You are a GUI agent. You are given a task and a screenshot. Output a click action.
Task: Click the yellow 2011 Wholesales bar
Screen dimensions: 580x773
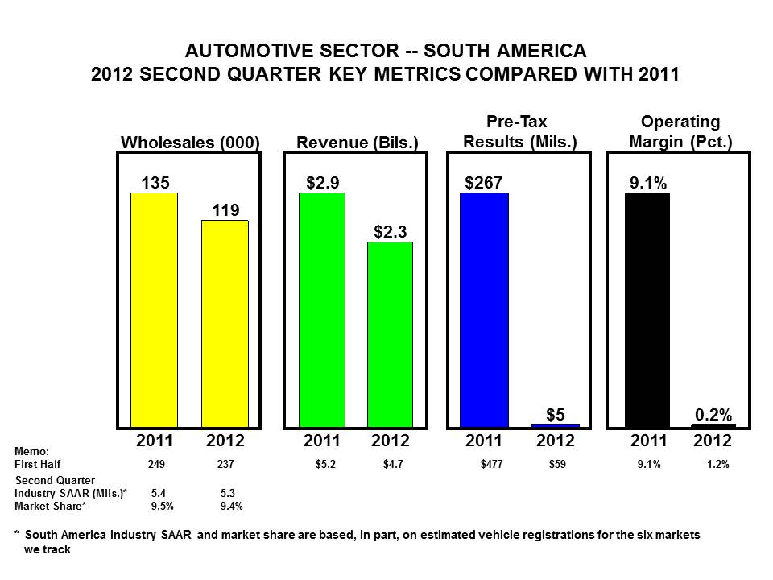[155, 309]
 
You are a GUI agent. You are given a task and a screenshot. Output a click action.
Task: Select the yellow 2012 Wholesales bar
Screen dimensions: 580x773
[225, 323]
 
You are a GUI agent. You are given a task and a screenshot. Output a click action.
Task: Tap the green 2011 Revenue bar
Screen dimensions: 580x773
[321, 309]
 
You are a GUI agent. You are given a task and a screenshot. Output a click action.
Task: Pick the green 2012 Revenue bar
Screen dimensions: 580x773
[390, 333]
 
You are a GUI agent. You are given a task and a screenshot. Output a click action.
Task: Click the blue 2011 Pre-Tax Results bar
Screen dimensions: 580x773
[484, 309]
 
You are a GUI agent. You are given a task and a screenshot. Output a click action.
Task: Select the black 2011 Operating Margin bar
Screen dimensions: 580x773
[647, 309]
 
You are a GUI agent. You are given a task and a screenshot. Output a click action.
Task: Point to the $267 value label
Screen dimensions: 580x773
[483, 183]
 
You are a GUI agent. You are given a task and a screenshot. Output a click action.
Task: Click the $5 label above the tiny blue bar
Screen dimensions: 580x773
[555, 414]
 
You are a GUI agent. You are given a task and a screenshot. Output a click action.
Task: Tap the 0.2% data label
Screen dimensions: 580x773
[713, 415]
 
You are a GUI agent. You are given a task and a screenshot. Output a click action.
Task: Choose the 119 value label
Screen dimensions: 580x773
[225, 210]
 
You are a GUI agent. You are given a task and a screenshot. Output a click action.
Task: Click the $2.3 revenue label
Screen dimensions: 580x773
[390, 232]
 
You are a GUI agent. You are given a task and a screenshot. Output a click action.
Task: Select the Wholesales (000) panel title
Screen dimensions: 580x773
[190, 143]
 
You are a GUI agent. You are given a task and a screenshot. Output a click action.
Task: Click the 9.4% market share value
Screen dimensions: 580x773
[232, 506]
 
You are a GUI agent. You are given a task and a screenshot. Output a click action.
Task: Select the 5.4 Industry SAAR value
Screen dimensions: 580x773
[159, 492]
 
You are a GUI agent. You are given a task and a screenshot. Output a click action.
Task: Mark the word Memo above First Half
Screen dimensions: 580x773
[32, 451]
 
